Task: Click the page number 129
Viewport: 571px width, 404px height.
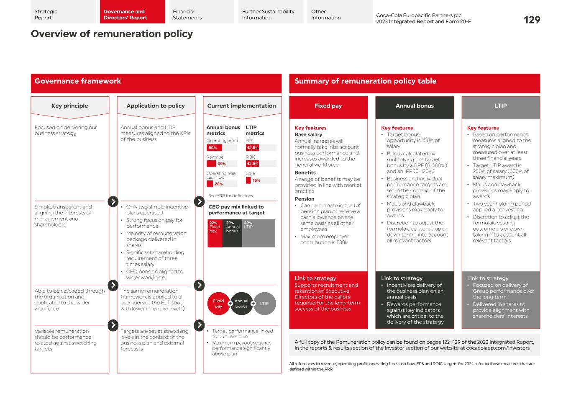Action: [532, 20]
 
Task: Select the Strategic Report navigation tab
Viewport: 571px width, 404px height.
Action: [63, 15]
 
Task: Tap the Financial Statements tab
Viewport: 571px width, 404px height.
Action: [201, 15]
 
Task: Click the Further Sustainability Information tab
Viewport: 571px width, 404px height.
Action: [270, 15]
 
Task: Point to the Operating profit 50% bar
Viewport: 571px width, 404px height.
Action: [213, 148]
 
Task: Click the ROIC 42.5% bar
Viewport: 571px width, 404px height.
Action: [252, 164]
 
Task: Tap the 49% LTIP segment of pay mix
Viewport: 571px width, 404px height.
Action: [259, 233]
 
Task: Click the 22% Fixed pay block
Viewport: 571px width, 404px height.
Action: [215, 233]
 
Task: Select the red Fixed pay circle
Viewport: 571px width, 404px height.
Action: [218, 304]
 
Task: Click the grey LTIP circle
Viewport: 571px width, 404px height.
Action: [264, 304]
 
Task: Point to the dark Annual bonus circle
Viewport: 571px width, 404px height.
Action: [241, 304]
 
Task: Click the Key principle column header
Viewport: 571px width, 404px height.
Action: [69, 106]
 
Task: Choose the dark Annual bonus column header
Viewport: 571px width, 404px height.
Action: [415, 106]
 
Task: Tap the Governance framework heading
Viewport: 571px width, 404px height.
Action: [78, 81]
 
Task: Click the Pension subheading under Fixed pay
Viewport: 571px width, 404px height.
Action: [304, 199]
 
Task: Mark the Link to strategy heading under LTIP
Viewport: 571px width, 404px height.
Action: [488, 278]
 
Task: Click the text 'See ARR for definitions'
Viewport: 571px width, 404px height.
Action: [230, 196]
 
